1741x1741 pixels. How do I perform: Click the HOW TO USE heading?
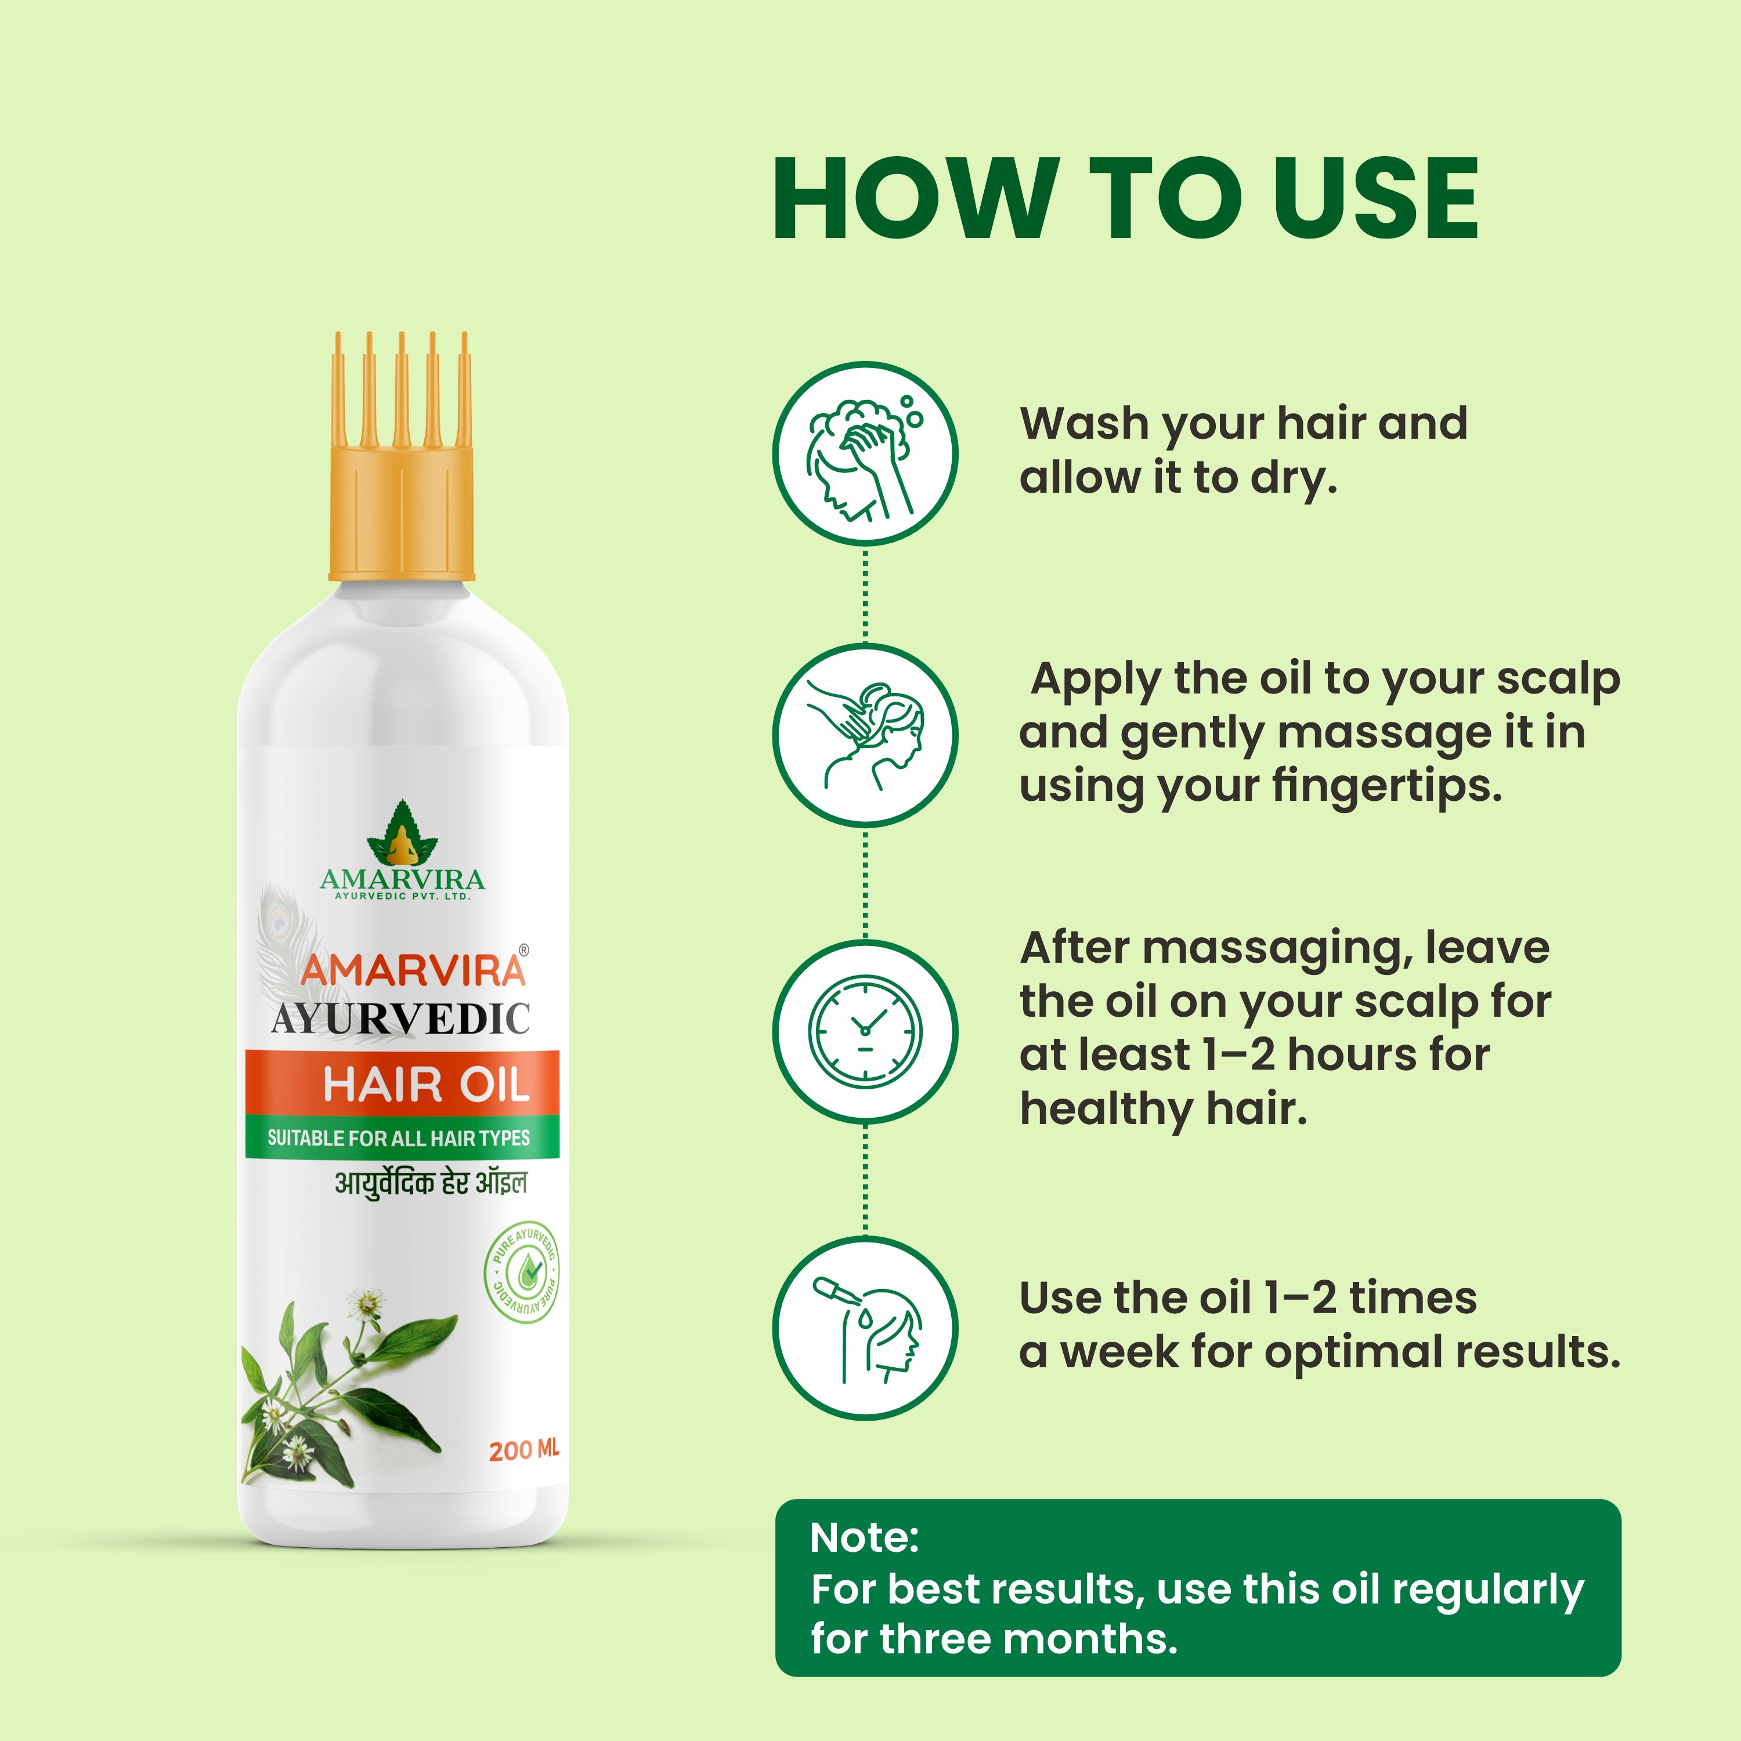click(x=1125, y=198)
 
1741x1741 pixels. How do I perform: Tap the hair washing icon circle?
click(x=865, y=453)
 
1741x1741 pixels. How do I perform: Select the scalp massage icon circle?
click(x=865, y=735)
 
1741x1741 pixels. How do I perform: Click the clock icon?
click(x=865, y=1030)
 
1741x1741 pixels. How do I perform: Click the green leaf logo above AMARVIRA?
click(x=402, y=833)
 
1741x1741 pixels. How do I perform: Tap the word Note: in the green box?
click(x=864, y=1537)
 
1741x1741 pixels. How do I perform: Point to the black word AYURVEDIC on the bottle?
click(x=401, y=1019)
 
